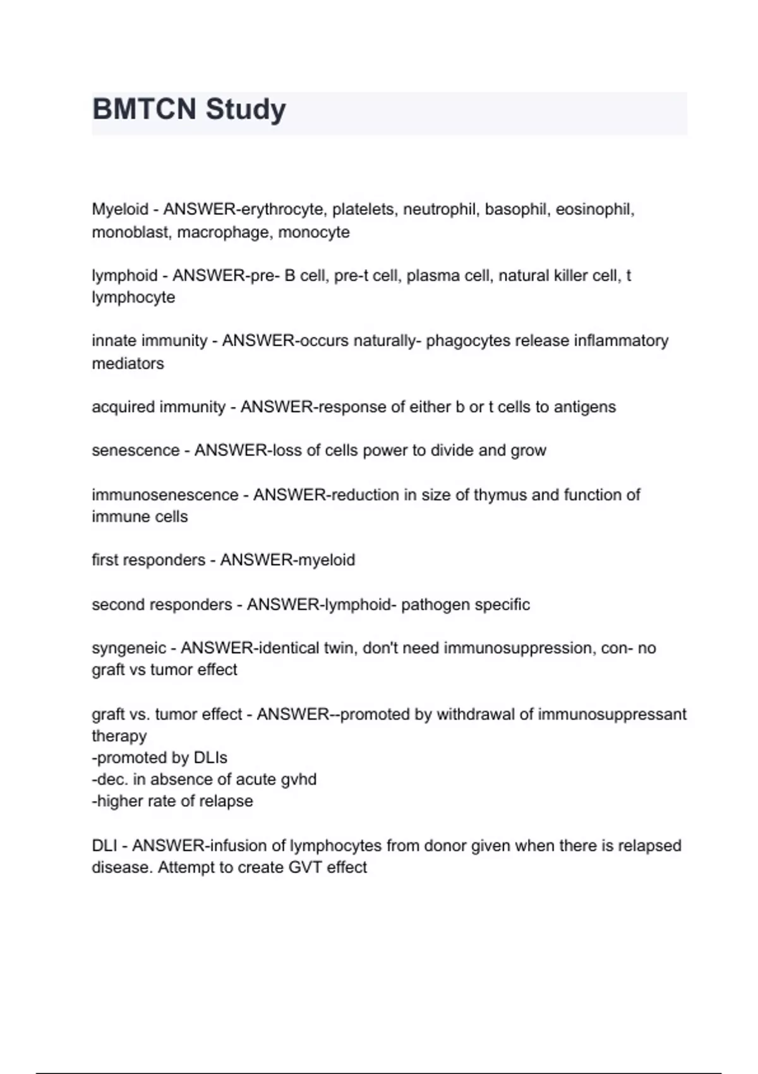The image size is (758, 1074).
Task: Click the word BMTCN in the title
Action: [145, 109]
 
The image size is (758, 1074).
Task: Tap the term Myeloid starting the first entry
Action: [120, 209]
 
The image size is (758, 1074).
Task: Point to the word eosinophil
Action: [594, 209]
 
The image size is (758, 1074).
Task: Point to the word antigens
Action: [584, 407]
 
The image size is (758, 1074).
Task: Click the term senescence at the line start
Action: [135, 450]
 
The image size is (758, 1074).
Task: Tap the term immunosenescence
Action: [165, 495]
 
